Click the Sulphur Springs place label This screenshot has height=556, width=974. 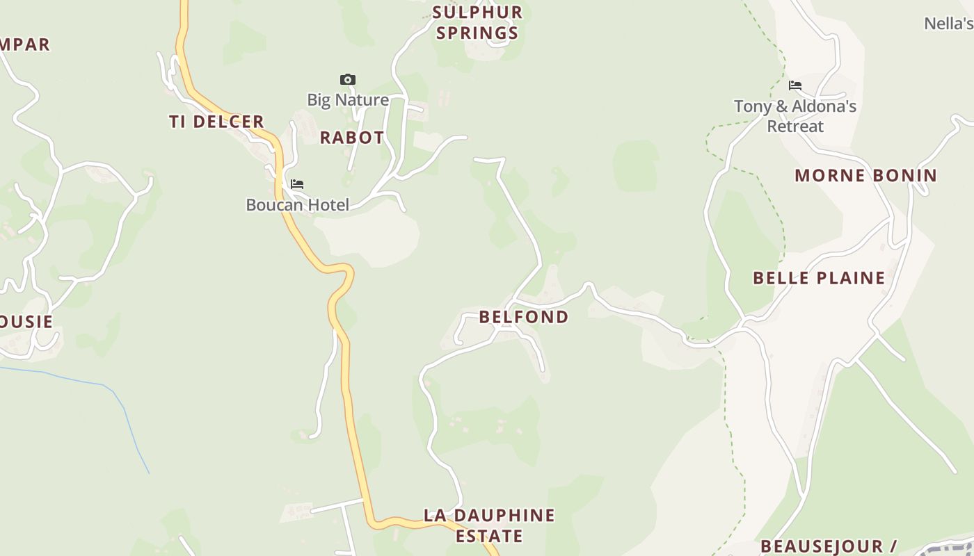(x=477, y=22)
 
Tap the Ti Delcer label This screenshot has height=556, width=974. (x=216, y=122)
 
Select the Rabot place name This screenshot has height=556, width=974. (x=351, y=138)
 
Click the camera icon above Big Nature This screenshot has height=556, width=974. (x=348, y=80)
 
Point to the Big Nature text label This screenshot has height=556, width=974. (x=348, y=100)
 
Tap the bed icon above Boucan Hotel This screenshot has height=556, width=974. (x=297, y=184)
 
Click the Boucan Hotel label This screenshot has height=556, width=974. (x=297, y=205)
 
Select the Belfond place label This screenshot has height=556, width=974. (x=524, y=317)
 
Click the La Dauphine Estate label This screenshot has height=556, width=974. (x=489, y=525)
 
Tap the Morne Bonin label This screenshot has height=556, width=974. (x=865, y=175)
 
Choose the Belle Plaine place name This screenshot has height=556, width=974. (x=819, y=278)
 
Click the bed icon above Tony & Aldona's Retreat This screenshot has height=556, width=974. (x=795, y=86)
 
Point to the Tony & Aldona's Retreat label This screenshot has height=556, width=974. (x=795, y=116)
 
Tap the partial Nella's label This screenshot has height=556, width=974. (x=948, y=24)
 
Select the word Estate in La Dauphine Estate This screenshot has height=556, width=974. (x=489, y=537)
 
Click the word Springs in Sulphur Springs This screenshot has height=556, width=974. (x=477, y=33)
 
